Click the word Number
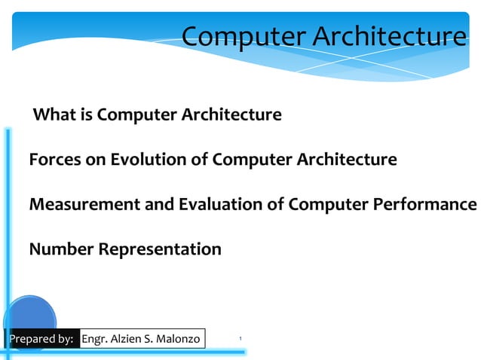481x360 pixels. [61, 249]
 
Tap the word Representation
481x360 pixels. [160, 249]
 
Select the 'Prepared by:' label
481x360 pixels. [41, 339]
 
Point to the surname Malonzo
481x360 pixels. [177, 339]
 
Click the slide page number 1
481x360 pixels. [240, 340]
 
